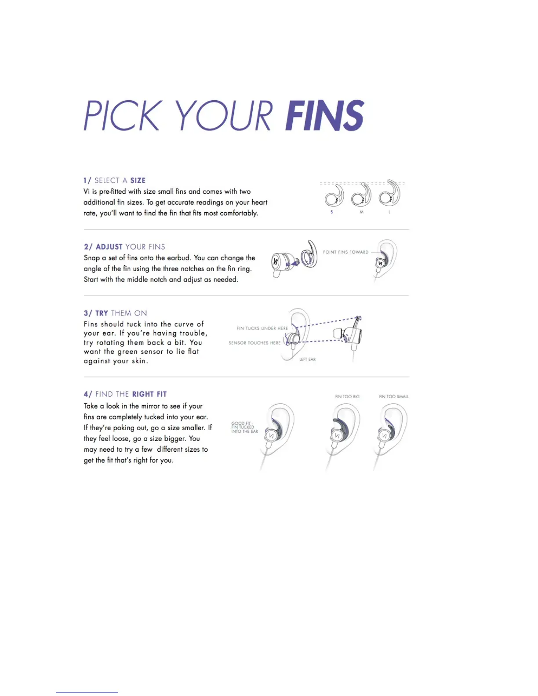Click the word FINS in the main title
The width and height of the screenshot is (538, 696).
[325, 115]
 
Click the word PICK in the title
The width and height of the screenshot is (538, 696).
[121, 116]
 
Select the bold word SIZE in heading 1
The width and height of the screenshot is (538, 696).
[138, 181]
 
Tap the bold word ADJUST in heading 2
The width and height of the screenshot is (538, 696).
[109, 247]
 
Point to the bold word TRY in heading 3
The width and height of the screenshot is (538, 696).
[102, 313]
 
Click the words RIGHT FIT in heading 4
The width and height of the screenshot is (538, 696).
[149, 394]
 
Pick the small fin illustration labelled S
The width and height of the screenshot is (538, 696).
[334, 196]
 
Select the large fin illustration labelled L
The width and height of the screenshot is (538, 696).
[389, 194]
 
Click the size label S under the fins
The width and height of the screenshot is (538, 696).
[332, 212]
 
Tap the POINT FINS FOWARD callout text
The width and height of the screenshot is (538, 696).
[345, 252]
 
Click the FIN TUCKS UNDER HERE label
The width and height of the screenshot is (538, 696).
[262, 328]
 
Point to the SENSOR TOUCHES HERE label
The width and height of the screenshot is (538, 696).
[254, 343]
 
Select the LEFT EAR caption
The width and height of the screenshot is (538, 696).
[307, 359]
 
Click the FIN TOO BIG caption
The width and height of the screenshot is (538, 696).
[347, 397]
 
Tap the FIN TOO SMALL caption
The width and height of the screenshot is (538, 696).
[393, 397]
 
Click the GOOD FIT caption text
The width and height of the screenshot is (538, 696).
[244, 428]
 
